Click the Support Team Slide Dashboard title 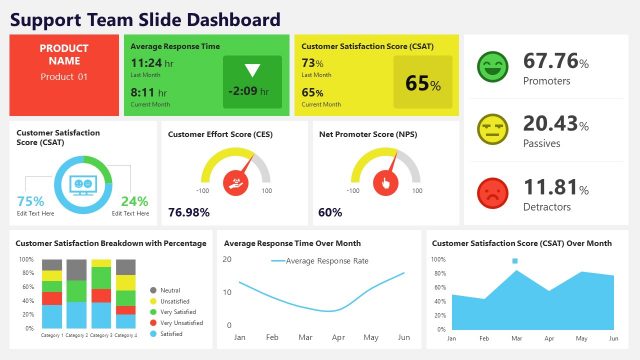145,19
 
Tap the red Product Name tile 64,75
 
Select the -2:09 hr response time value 252,91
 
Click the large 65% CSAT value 423,84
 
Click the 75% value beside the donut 31,200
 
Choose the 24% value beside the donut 134,200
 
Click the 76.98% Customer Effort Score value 189,212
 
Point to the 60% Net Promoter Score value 330,212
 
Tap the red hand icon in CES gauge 234,182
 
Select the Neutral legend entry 172,288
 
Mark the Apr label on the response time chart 338,338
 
